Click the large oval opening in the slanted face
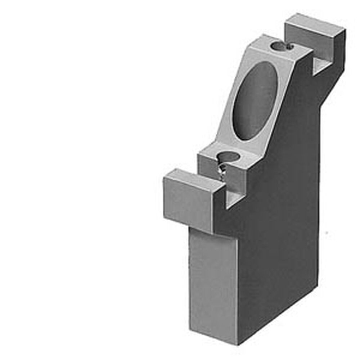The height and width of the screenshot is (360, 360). coord(254,101)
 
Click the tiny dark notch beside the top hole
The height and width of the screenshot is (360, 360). coord(289,46)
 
